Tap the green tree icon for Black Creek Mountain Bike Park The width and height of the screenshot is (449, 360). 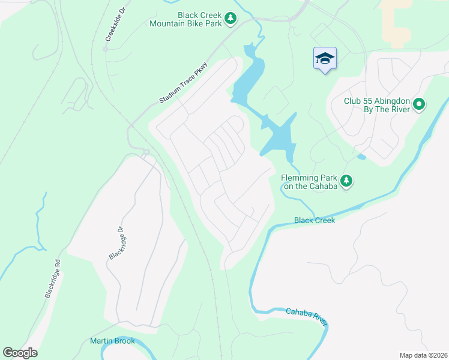tap(230, 20)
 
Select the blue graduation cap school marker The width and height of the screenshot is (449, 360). tap(325, 58)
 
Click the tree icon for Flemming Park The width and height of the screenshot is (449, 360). tap(346, 181)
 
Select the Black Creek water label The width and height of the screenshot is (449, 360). tap(314, 220)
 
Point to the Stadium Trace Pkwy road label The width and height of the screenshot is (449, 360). tap(183, 83)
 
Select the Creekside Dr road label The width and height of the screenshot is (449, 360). tap(110, 29)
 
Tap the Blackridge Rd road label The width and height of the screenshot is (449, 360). tap(53, 279)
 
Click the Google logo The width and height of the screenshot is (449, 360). tap(20, 352)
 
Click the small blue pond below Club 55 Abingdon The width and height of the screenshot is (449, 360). tap(361, 157)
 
